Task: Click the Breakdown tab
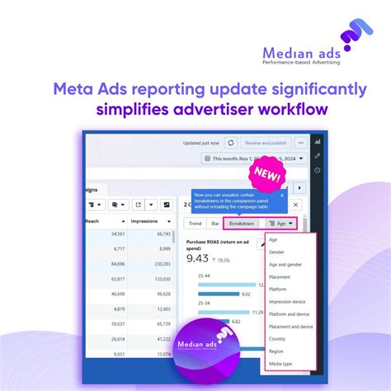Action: point(242,223)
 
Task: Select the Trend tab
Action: point(195,223)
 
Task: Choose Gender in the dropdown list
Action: point(276,252)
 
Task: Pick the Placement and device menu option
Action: point(290,327)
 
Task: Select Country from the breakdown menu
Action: point(278,339)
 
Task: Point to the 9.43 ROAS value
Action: point(197,258)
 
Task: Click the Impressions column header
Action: point(149,221)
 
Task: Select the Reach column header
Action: point(116,221)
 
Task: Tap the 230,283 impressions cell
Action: point(158,264)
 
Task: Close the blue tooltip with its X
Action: point(282,195)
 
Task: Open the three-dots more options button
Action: point(301,142)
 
